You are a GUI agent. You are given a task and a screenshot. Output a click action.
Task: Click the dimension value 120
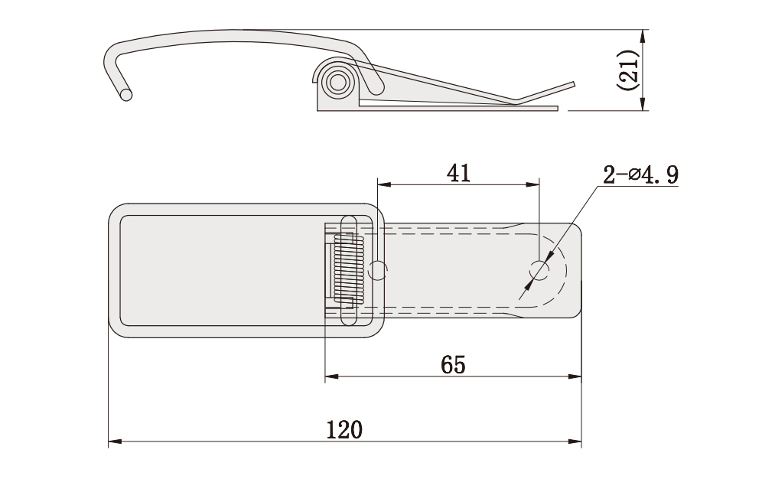click(344, 430)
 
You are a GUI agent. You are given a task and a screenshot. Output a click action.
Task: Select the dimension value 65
click(453, 364)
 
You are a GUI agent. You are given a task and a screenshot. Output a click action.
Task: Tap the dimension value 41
click(459, 173)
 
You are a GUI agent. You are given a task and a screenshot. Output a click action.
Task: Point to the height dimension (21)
click(627, 70)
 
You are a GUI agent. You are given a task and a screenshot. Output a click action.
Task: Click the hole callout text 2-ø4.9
click(640, 175)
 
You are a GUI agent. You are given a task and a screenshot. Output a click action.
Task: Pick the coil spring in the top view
click(349, 269)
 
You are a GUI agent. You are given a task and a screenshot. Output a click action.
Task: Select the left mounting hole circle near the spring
click(378, 271)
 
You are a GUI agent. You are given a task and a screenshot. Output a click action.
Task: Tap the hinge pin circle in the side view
click(337, 82)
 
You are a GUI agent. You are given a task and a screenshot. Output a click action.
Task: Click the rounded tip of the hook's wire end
click(126, 95)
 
